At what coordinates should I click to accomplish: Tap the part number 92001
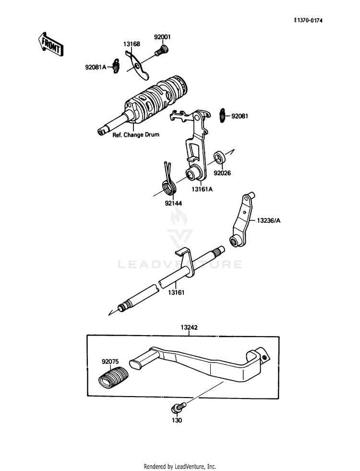[x=162, y=37]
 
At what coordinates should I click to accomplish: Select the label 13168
[x=132, y=44]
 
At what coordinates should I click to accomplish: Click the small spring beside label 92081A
[x=115, y=66]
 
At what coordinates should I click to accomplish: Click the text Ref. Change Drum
[x=136, y=135]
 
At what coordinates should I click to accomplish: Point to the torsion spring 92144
[x=168, y=180]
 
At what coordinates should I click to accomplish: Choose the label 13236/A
[x=268, y=221]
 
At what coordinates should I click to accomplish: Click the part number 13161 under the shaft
[x=177, y=291]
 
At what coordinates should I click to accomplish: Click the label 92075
[x=110, y=359]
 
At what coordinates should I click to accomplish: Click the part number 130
[x=178, y=420]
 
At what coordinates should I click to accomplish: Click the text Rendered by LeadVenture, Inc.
[x=180, y=466]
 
